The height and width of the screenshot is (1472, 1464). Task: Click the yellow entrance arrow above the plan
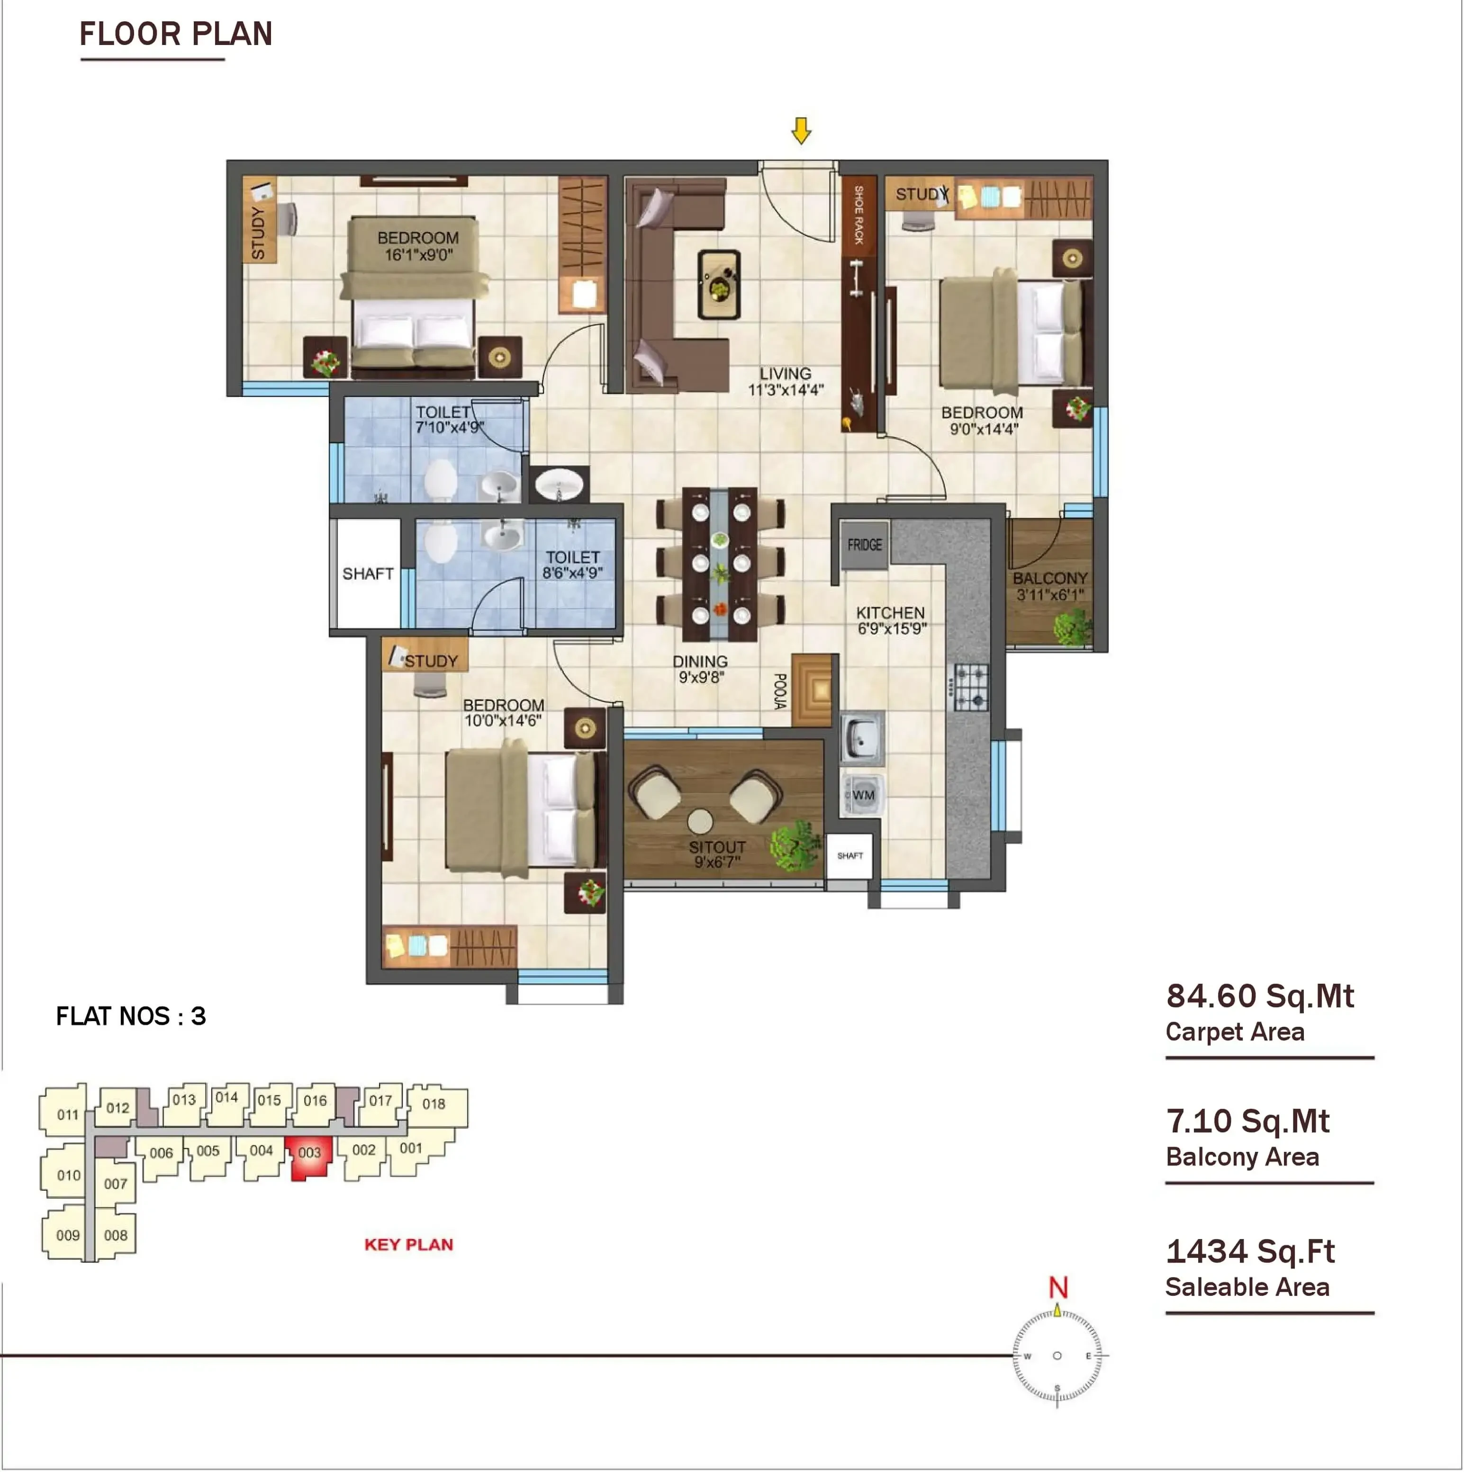[801, 130]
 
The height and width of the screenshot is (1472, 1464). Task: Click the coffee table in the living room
[719, 284]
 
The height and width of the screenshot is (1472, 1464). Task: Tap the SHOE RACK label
[859, 215]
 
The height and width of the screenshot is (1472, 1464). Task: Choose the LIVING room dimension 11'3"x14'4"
[786, 390]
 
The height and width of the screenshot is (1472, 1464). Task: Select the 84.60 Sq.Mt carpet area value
[1260, 996]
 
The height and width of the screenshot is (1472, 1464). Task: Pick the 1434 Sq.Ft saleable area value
[1250, 1251]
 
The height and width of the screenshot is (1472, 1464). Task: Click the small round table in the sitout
[700, 821]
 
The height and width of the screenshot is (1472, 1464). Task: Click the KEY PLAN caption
[408, 1245]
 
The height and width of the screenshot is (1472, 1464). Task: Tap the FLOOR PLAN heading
[176, 34]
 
